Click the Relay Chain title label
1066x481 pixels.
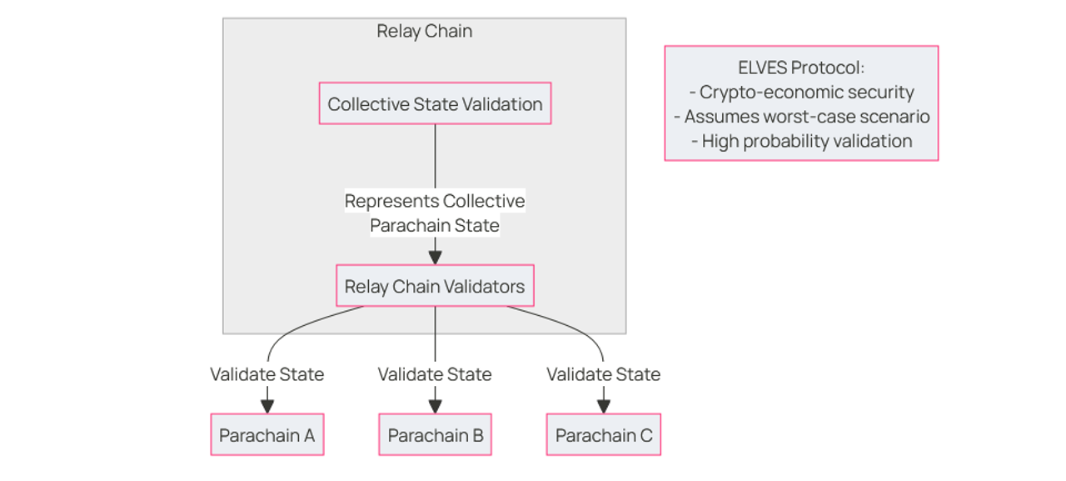click(424, 32)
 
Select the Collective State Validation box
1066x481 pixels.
click(435, 103)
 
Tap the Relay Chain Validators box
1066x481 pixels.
click(435, 287)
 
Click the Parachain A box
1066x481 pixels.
click(266, 435)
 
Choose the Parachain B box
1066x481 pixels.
click(435, 435)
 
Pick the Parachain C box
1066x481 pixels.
click(603, 435)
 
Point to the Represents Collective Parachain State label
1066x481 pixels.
click(435, 213)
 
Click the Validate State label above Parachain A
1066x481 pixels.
click(266, 374)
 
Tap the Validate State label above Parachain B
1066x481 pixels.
click(435, 374)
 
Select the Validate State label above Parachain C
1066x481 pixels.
click(603, 374)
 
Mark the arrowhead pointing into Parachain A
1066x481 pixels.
click(266, 406)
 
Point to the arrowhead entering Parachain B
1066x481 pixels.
click(435, 406)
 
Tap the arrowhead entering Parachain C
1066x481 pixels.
click(603, 406)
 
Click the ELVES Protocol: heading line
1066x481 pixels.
click(801, 68)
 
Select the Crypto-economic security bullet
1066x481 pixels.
click(801, 93)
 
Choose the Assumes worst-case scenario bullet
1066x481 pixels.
click(801, 117)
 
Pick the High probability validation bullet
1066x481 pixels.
click(801, 141)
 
